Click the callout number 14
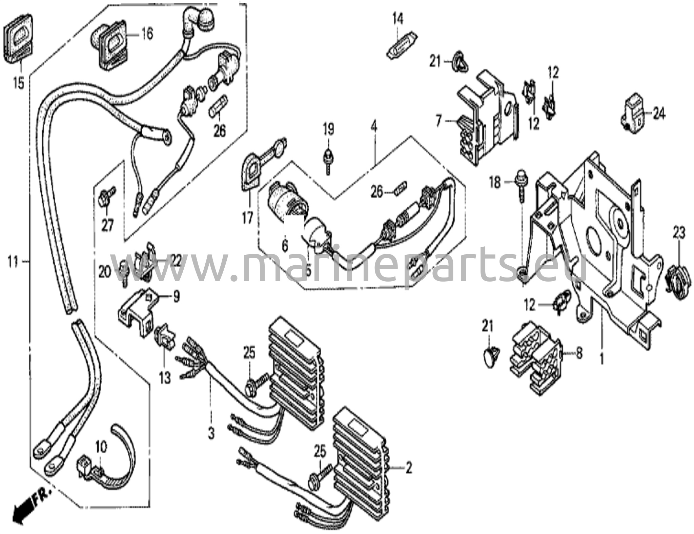(x=398, y=19)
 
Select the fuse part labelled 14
(x=402, y=47)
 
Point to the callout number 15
(x=19, y=83)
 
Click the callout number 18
(x=495, y=183)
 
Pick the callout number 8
(x=579, y=353)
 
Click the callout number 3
(x=211, y=433)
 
